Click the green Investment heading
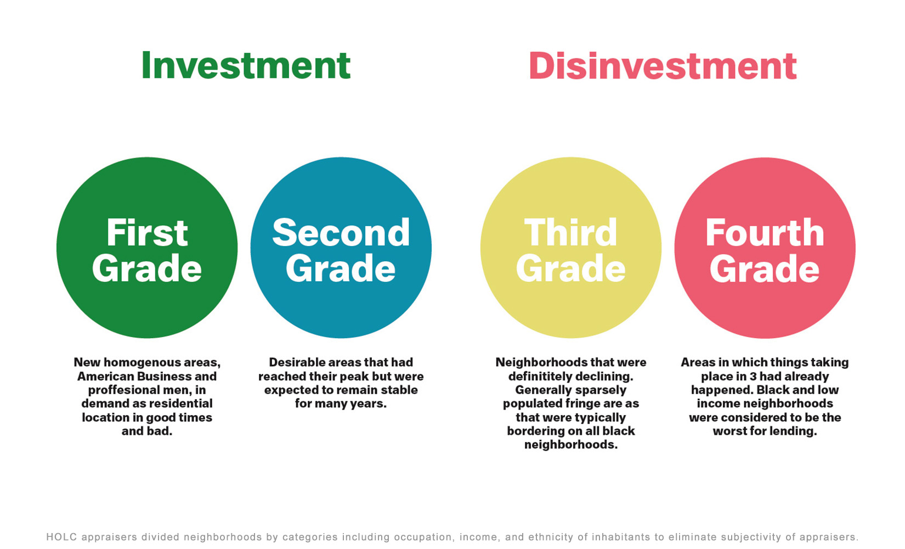(x=246, y=65)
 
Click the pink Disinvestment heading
(x=663, y=65)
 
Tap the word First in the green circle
(x=147, y=232)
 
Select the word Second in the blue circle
(x=341, y=232)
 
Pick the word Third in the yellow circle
(x=570, y=232)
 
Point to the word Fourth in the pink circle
(x=765, y=232)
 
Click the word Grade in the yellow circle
(x=570, y=268)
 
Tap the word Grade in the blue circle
(x=341, y=268)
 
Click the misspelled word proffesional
(x=121, y=390)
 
